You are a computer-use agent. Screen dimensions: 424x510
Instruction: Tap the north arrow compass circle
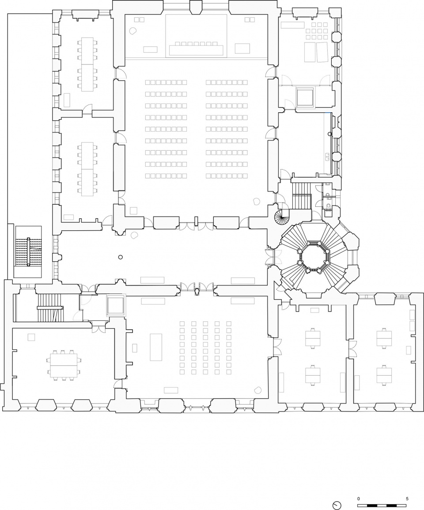(x=337, y=505)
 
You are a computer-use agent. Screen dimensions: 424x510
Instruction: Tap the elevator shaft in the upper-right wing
(x=305, y=97)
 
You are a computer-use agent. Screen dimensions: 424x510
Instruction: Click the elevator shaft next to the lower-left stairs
(x=116, y=305)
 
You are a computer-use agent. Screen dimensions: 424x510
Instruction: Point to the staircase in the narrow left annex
(x=29, y=252)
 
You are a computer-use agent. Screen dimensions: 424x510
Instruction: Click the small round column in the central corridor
(x=120, y=257)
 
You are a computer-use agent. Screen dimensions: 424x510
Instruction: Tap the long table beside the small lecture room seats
(x=156, y=346)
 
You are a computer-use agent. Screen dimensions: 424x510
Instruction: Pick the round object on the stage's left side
(x=133, y=31)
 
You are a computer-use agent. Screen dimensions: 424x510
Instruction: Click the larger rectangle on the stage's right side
(x=242, y=48)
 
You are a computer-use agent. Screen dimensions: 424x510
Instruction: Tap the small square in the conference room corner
(x=31, y=337)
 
